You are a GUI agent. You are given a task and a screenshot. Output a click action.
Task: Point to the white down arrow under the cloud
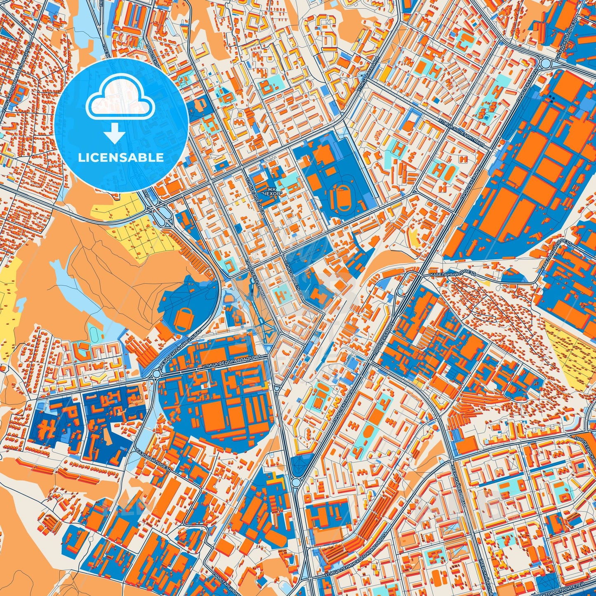coord(115,134)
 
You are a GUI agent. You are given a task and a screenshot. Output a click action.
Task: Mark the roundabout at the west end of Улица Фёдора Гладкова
coord(156,374)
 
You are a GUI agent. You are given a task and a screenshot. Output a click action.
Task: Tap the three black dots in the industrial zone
coord(551,98)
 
